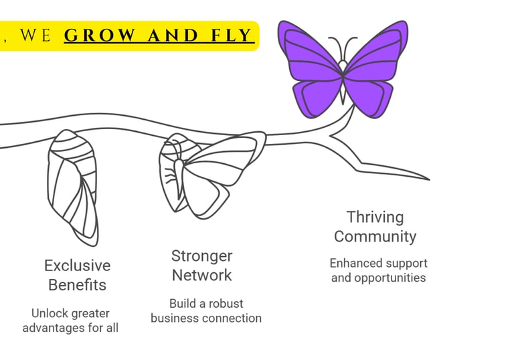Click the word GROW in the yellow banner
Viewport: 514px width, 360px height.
(98, 35)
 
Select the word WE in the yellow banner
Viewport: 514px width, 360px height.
(35, 35)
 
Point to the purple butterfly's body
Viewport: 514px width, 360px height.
(343, 80)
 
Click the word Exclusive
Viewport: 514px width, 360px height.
(77, 266)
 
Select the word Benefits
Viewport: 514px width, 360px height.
(77, 285)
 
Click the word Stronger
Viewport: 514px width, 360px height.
(202, 256)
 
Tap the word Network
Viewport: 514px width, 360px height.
(202, 275)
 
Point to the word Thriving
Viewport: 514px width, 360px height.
(375, 217)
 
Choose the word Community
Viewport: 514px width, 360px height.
(375, 236)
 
